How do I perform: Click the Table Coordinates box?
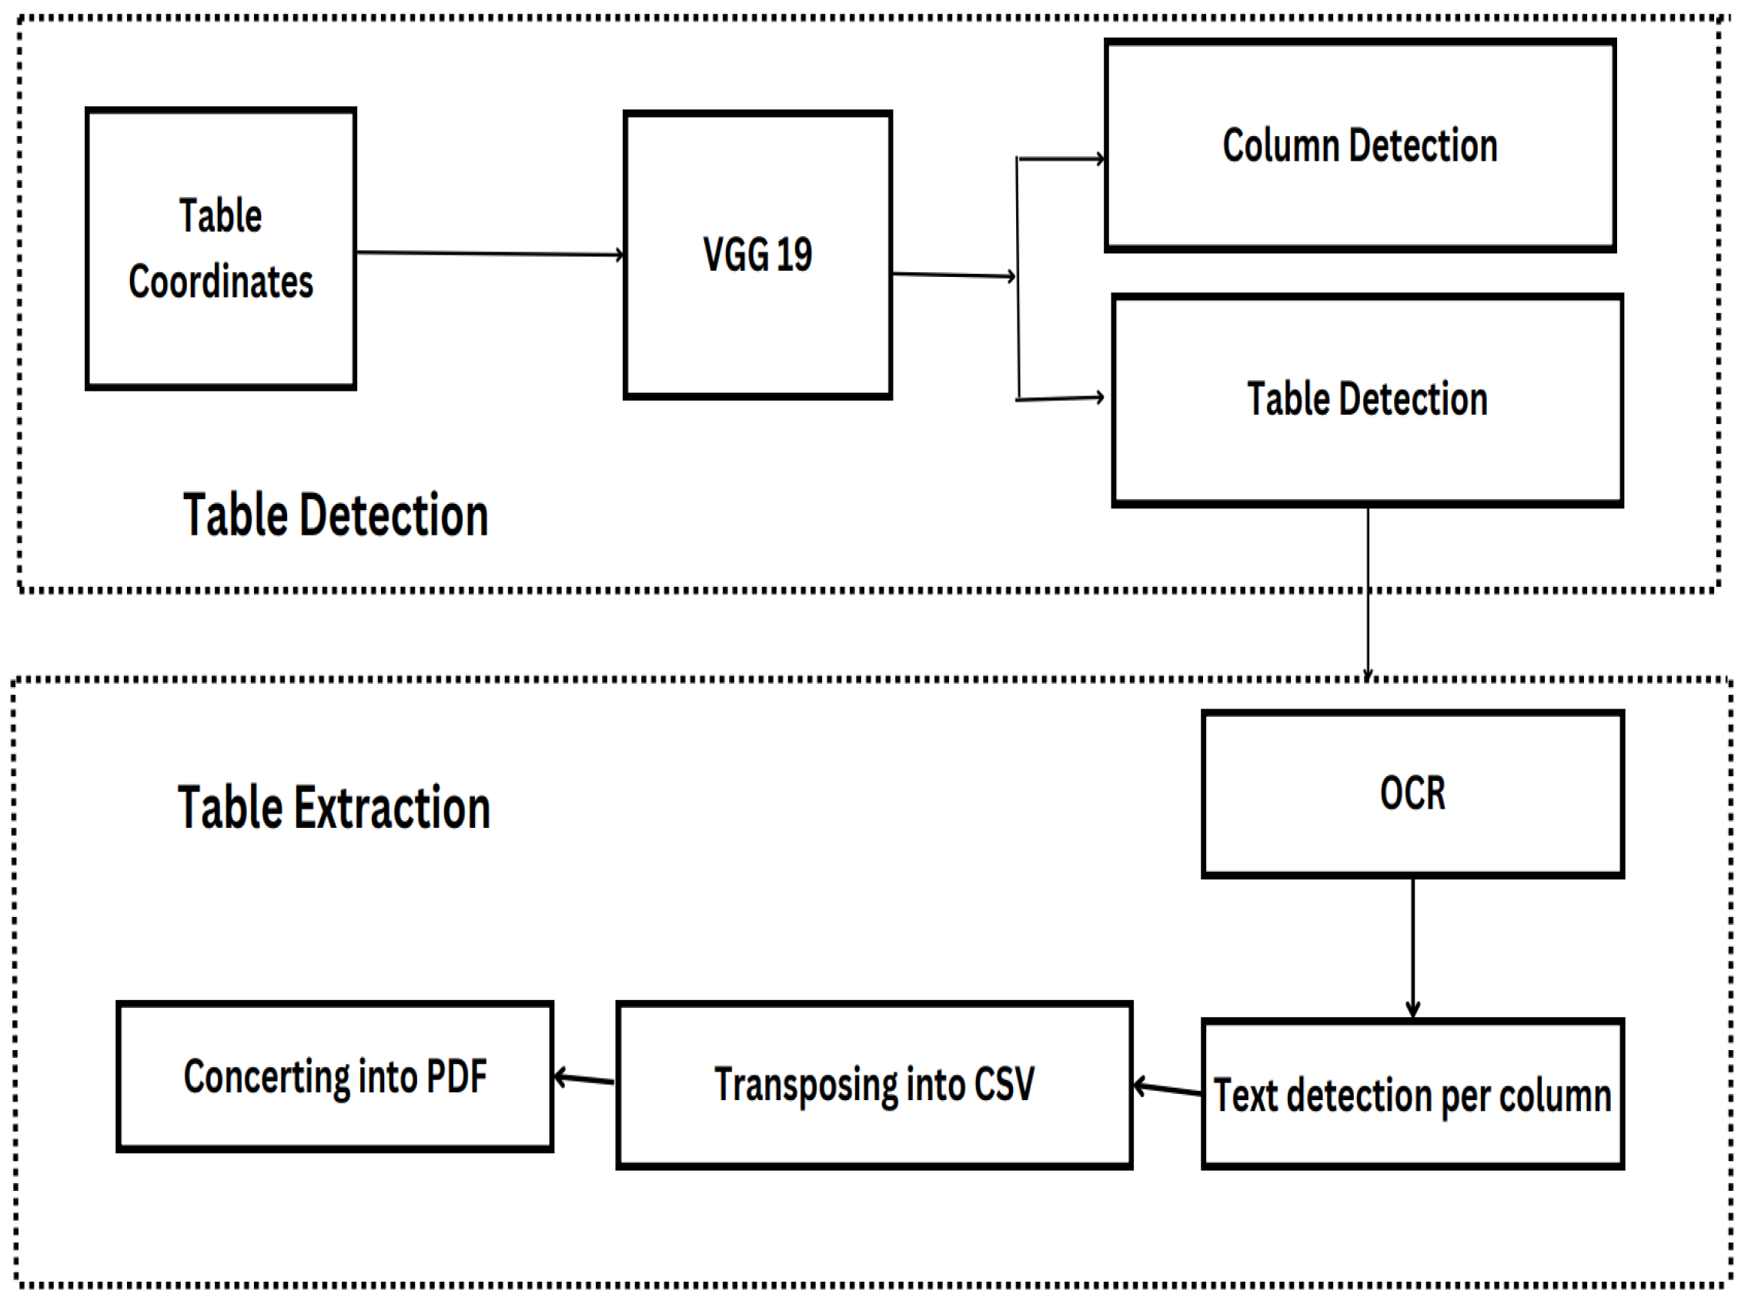point(220,248)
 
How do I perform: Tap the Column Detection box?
point(1359,146)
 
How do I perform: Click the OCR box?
point(1412,793)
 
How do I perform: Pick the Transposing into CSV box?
point(874,1085)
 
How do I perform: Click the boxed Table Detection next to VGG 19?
point(1367,399)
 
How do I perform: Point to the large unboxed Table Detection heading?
point(336,515)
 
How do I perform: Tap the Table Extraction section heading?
point(334,808)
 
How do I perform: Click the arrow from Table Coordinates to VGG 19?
point(490,253)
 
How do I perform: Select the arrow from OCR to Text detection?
point(1412,947)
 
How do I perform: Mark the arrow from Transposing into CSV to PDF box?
point(584,1079)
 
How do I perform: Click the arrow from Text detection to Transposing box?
point(1167,1089)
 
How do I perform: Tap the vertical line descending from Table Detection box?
point(1368,592)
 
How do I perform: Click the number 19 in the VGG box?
point(794,255)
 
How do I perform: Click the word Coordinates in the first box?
point(220,282)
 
